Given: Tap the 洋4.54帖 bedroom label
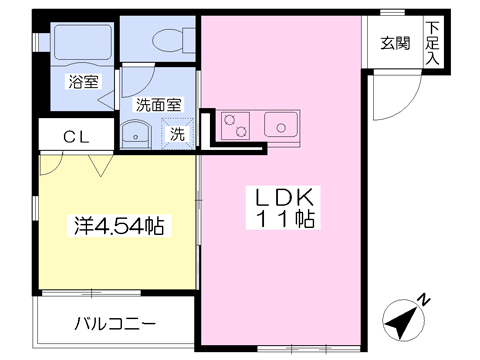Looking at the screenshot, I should coord(117,225).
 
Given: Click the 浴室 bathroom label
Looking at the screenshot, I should coord(83,82).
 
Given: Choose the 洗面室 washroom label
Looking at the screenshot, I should coord(158,103).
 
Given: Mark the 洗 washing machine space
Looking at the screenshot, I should coord(176,133).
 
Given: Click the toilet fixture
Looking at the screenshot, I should coord(166,39).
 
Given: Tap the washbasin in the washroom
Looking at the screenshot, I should coord(133,135).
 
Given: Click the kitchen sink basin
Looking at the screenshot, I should coord(280,124).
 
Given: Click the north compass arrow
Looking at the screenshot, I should coord(402,320).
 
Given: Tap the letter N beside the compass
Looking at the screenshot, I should coord(424,299).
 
